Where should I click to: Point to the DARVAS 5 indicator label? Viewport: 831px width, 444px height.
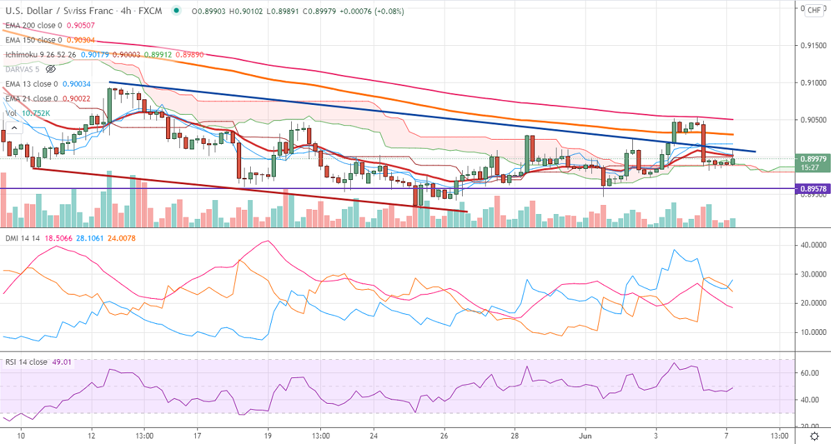(x=21, y=69)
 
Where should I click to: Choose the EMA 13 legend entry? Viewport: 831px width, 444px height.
(x=28, y=84)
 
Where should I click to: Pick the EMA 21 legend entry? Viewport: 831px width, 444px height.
(x=28, y=99)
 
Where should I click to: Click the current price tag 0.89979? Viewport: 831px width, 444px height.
(x=812, y=158)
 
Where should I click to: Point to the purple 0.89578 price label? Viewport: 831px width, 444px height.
(x=812, y=189)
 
